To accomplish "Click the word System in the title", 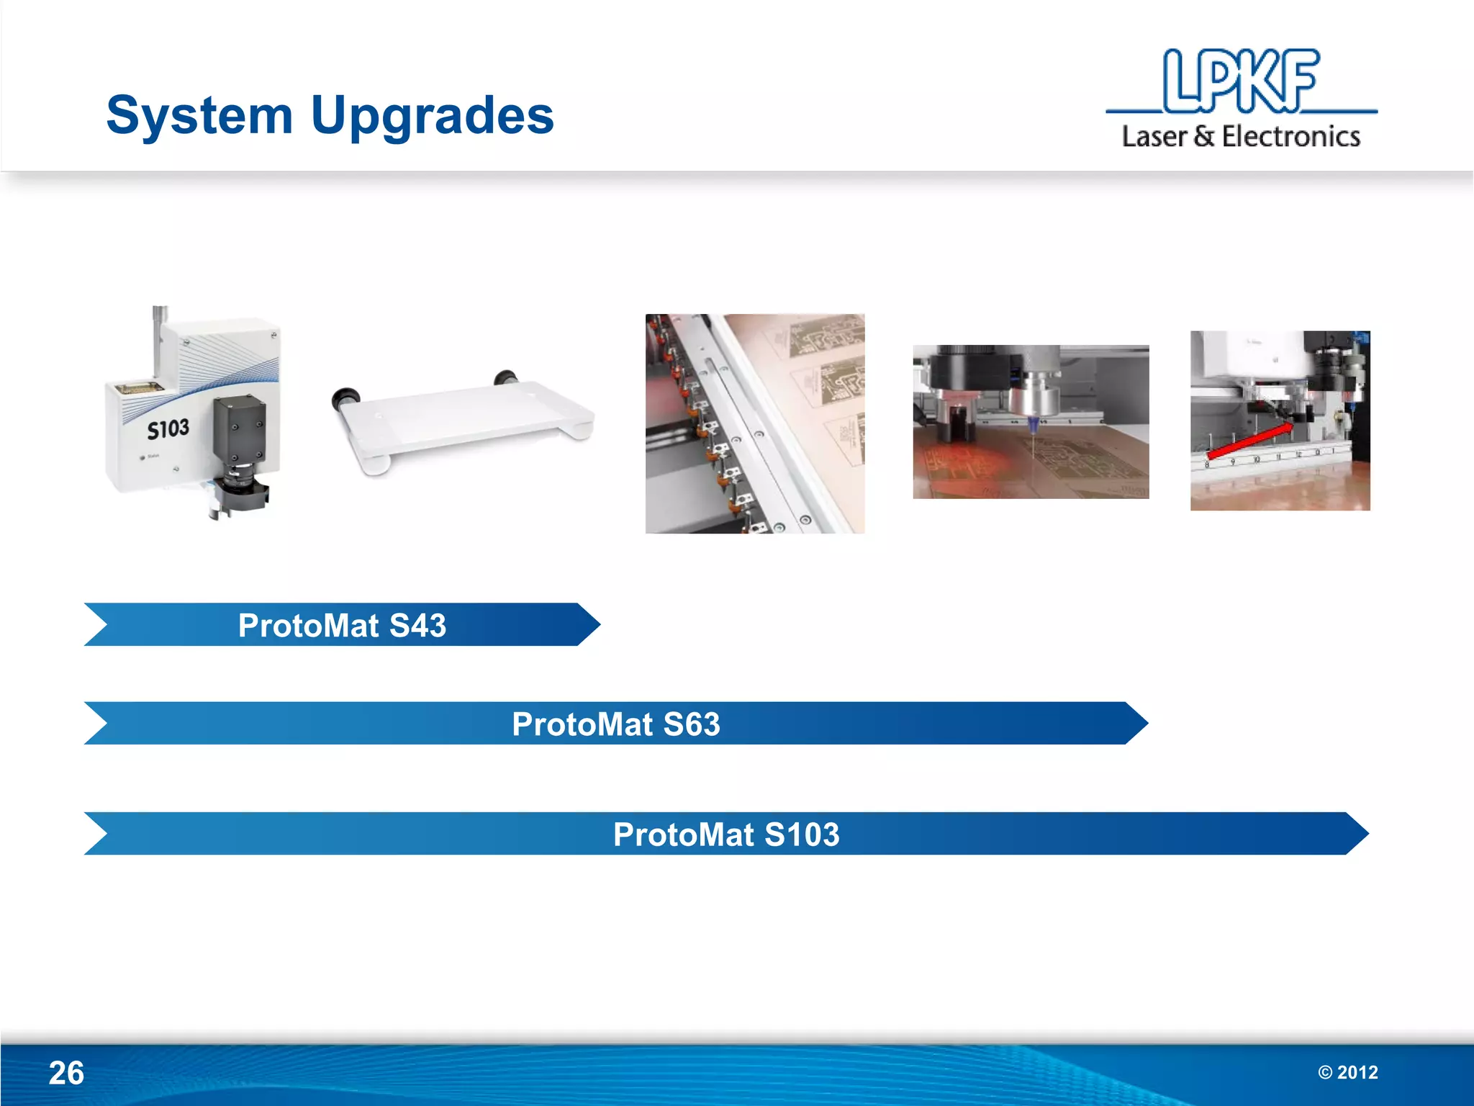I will click(x=199, y=115).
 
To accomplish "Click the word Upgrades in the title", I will click(x=432, y=115).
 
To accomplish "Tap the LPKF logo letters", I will click(x=1241, y=81).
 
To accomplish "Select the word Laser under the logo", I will click(x=1154, y=136).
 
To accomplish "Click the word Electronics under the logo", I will click(x=1290, y=136).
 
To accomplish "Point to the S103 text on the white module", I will click(x=168, y=429).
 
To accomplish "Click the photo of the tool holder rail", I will click(x=754, y=423).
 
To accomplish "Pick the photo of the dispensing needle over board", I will click(x=1031, y=422).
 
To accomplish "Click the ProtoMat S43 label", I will click(x=342, y=625).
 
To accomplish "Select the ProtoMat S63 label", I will click(x=615, y=724).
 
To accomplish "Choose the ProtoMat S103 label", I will click(x=725, y=835).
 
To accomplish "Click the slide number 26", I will click(x=66, y=1073).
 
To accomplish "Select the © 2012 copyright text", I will click(x=1347, y=1072).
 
